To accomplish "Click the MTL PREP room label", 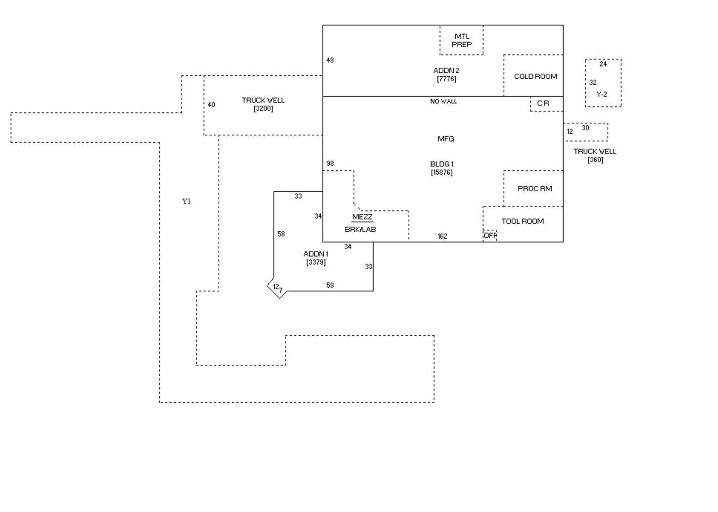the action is [462, 41].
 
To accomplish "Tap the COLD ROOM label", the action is [535, 76].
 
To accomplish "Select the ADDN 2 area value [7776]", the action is [446, 79].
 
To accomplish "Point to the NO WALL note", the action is [443, 102].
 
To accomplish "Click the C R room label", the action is [543, 103].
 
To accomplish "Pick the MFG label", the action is [445, 139].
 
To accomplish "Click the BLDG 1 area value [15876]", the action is [442, 173].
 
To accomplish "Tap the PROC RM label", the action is [534, 189].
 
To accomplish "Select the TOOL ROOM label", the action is [523, 221].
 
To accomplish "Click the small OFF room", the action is [490, 236].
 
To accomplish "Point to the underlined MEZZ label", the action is [362, 217].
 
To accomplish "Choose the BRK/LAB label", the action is [360, 230].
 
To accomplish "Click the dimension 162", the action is [442, 236].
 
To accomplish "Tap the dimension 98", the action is [330, 163].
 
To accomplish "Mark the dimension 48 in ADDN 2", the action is [330, 60].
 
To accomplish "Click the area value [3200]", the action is [263, 109].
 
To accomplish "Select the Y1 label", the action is [186, 202].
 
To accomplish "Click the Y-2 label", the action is [602, 95].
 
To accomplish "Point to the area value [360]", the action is [595, 160].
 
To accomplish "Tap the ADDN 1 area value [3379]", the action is [316, 262].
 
